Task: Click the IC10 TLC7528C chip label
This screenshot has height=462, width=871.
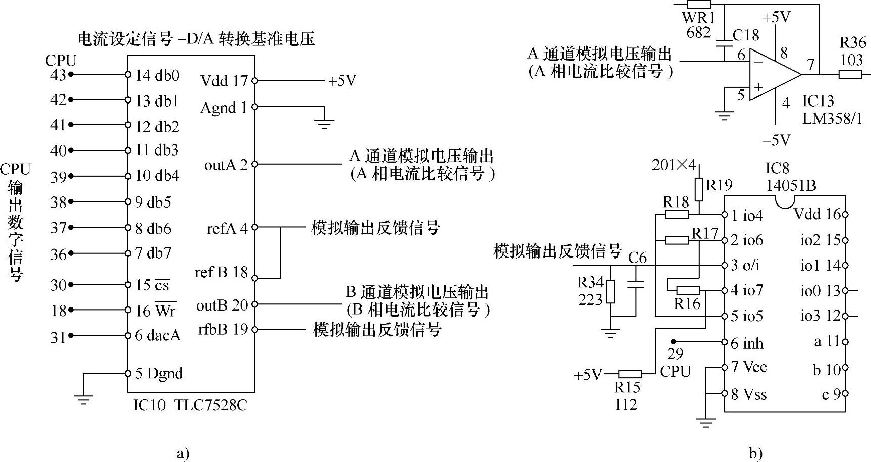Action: (x=190, y=405)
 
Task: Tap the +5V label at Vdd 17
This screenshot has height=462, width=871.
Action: (x=342, y=81)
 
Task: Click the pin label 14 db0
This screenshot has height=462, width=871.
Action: (x=157, y=75)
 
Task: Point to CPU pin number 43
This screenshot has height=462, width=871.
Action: (x=59, y=75)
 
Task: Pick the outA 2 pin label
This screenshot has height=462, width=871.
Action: (x=226, y=165)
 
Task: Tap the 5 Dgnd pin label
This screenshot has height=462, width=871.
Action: (x=159, y=374)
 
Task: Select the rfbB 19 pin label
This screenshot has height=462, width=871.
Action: (x=223, y=329)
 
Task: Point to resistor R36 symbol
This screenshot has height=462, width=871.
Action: (x=850, y=75)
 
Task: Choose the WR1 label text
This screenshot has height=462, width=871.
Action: (x=698, y=18)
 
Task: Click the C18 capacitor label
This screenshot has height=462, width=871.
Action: (x=745, y=35)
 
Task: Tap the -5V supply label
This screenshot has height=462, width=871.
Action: (x=776, y=140)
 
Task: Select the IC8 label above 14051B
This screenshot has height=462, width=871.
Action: (x=777, y=168)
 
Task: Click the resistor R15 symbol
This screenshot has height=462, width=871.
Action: (x=630, y=374)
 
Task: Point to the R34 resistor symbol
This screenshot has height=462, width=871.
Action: (x=610, y=291)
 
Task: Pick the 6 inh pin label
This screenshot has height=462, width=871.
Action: (x=747, y=343)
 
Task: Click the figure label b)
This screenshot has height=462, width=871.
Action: (x=755, y=453)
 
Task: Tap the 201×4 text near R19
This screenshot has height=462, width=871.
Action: (x=674, y=165)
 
